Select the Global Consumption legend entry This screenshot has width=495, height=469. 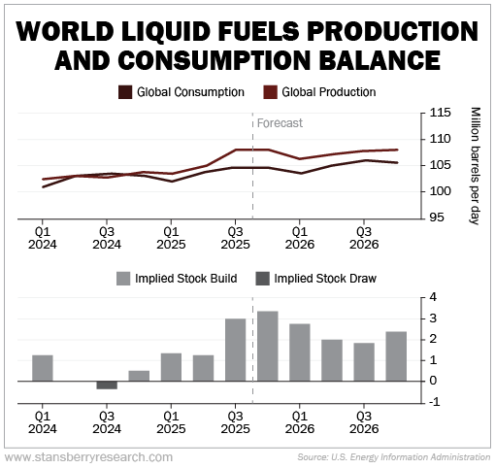click(171, 92)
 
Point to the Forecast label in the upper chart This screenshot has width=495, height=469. click(280, 123)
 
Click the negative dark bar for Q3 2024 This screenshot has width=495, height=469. click(106, 385)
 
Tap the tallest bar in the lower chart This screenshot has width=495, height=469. click(267, 345)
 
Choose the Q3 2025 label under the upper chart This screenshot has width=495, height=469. click(235, 239)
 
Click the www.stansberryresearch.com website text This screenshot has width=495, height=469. click(89, 456)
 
